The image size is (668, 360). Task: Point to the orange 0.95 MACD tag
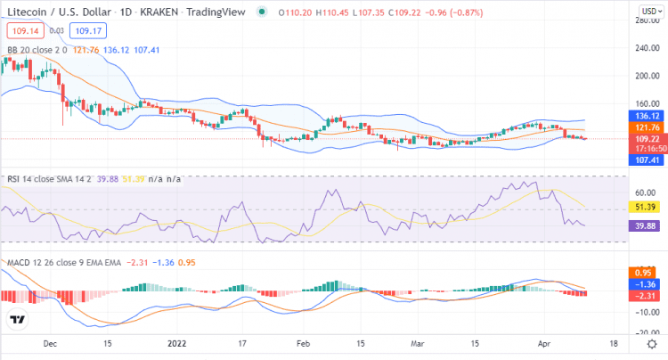point(645,272)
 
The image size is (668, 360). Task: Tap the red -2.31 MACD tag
point(644,295)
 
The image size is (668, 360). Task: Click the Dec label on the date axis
point(50,343)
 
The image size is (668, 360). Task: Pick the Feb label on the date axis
point(303,343)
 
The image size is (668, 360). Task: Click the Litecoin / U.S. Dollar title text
point(62,12)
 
